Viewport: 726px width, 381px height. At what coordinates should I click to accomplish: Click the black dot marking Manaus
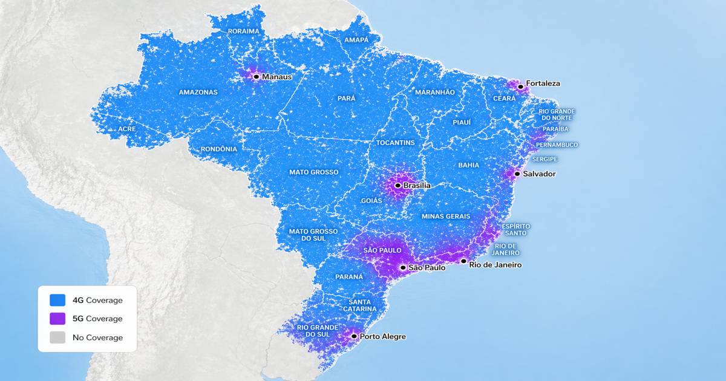256,77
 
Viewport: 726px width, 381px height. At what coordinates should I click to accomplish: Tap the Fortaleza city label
543,83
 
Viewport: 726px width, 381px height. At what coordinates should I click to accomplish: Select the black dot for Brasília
397,185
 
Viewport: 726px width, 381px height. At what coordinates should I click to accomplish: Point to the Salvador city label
539,174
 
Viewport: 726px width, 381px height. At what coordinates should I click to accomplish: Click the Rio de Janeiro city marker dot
463,261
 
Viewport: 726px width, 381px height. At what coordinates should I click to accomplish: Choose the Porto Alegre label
382,336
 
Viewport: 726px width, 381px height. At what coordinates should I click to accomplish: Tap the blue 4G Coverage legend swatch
57,300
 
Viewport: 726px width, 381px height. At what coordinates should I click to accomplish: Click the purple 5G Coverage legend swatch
57,319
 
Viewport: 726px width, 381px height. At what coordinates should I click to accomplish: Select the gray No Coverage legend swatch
57,337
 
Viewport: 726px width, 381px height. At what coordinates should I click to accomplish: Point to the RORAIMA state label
243,31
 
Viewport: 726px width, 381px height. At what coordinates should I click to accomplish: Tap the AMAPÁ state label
356,40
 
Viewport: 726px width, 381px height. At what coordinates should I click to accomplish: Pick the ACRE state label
127,129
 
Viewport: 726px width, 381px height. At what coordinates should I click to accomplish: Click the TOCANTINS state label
396,143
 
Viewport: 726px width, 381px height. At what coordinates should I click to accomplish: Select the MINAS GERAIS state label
446,216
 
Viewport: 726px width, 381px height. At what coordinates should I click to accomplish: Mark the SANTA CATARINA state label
364,306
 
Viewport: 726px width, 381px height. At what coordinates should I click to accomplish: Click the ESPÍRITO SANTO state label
514,229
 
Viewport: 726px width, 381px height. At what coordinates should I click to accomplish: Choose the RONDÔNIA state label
220,149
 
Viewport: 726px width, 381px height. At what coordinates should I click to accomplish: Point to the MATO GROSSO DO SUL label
313,235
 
